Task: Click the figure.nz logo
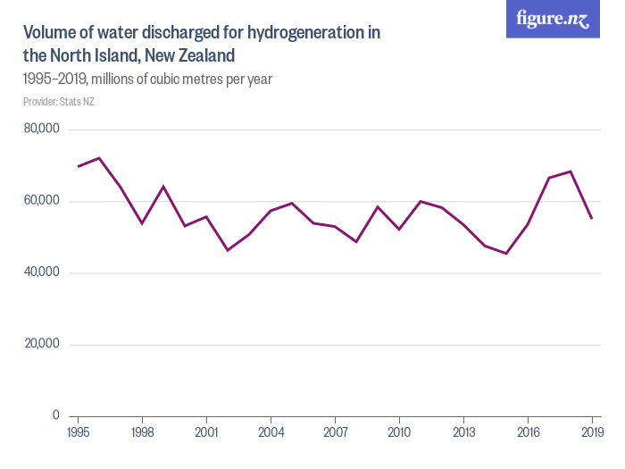click(x=553, y=19)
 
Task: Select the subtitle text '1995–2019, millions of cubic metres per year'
click(x=147, y=79)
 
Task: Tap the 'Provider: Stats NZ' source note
click(x=59, y=102)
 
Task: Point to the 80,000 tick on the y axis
click(x=42, y=129)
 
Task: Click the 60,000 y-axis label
click(x=42, y=200)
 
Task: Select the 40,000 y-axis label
click(x=42, y=272)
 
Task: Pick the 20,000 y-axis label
click(x=42, y=344)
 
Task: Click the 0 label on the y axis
click(x=54, y=415)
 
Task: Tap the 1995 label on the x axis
click(x=78, y=431)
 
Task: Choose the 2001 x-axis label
click(x=206, y=431)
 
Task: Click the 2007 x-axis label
click(x=335, y=431)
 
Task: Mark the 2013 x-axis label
click(x=463, y=431)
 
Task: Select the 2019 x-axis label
click(x=592, y=431)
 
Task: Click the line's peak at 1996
click(x=99, y=158)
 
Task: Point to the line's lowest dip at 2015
click(x=506, y=254)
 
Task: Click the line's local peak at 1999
click(x=163, y=186)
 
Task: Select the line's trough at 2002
click(x=228, y=250)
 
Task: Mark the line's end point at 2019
click(x=592, y=218)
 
